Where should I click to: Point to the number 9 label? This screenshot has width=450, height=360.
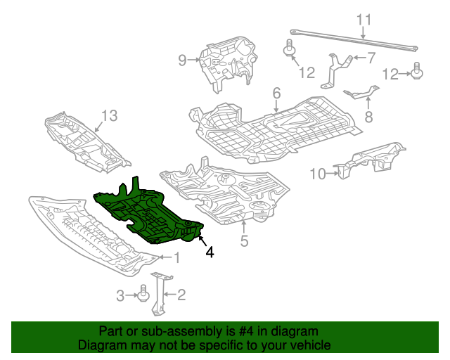(182, 60)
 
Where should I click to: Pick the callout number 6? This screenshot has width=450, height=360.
(276, 93)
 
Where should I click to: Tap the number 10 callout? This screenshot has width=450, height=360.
(317, 173)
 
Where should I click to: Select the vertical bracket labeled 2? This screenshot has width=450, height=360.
(162, 295)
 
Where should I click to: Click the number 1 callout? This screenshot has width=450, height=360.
(176, 258)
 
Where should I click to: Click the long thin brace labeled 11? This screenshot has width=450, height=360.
(352, 40)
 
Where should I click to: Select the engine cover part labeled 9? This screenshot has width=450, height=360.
(226, 63)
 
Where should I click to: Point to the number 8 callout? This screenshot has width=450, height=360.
(368, 116)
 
